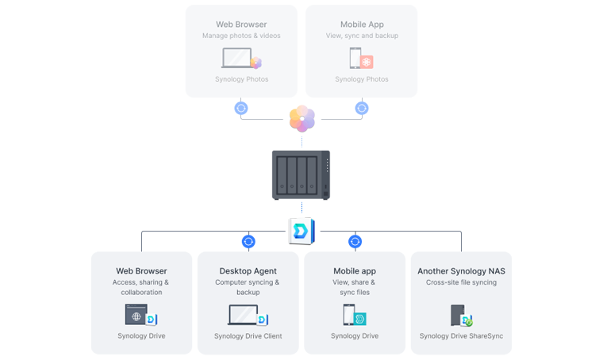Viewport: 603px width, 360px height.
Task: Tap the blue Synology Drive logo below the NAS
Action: point(301,231)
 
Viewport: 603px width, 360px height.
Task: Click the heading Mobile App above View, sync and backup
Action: point(362,25)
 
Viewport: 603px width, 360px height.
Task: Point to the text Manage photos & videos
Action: point(241,36)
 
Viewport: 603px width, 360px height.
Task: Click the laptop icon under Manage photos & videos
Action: point(236,59)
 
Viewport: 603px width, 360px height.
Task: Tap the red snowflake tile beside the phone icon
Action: point(367,61)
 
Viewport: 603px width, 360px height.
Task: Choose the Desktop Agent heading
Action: point(248,271)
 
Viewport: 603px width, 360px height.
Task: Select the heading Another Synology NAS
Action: point(461,271)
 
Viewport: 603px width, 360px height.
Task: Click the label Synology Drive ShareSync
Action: point(461,336)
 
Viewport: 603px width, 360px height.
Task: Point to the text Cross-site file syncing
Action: point(461,282)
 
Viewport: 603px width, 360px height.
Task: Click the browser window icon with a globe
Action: point(136,315)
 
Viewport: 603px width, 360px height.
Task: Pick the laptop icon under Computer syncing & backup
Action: point(242,316)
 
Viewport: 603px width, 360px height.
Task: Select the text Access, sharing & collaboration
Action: point(141,287)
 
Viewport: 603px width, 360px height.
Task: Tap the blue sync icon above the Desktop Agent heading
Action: point(248,241)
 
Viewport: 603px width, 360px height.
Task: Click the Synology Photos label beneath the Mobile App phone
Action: point(362,79)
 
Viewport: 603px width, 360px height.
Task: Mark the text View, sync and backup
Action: point(362,36)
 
